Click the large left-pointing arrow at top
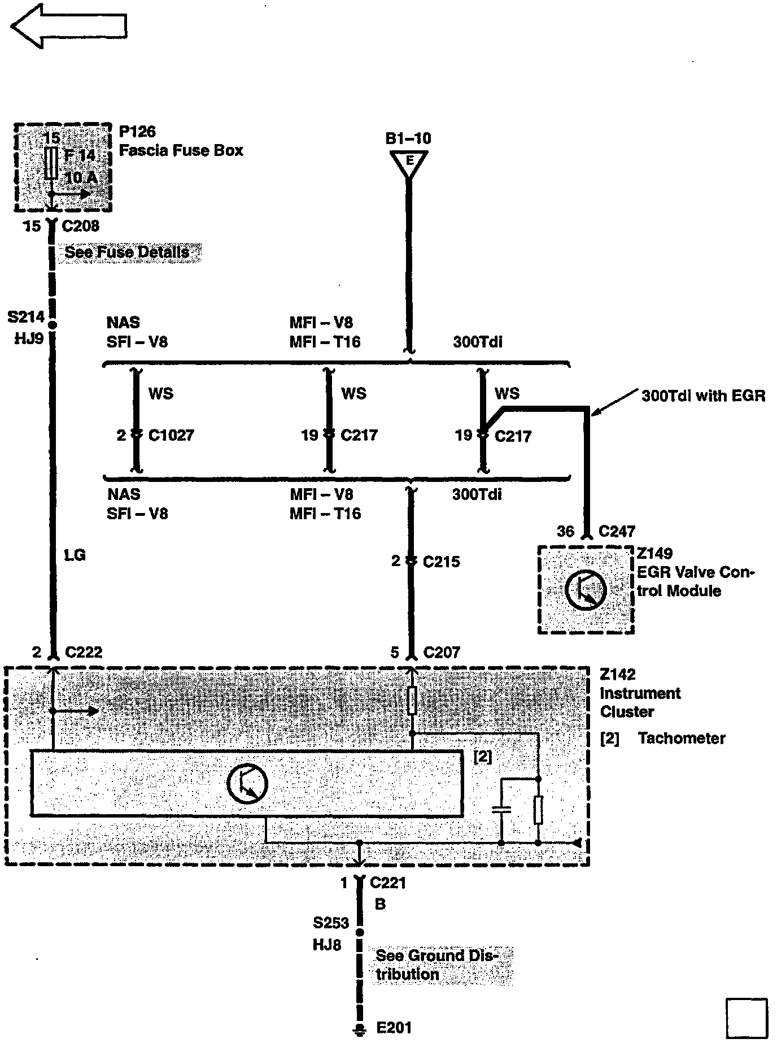point(68,26)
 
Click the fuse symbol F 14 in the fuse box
point(51,163)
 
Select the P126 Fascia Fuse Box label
point(181,141)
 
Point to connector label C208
point(80,227)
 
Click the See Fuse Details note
point(127,252)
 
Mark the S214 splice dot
point(52,325)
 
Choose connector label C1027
point(171,436)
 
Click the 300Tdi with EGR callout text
point(703,396)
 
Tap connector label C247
point(617,532)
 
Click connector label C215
point(441,562)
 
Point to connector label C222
point(84,653)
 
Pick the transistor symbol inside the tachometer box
point(247,783)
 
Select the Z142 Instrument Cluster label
point(640,693)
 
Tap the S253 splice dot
point(359,933)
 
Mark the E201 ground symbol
point(359,1028)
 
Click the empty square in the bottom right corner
point(747,1018)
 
